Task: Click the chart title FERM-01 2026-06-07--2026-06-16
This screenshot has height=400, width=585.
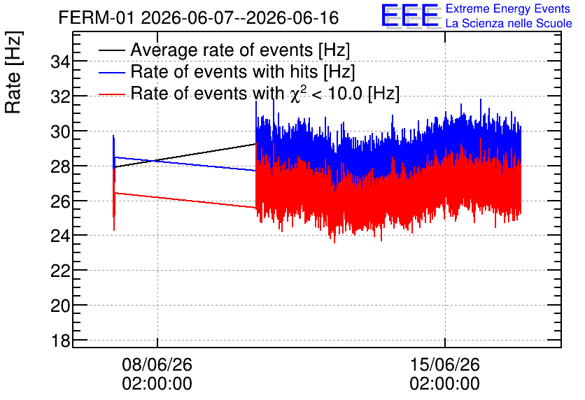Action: pos(199,17)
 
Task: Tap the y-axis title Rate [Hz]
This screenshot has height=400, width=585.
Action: pos(13,72)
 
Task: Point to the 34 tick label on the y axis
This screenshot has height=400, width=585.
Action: pos(60,62)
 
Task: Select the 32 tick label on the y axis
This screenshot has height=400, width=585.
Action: pos(60,97)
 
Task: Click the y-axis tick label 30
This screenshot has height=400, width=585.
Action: pos(60,131)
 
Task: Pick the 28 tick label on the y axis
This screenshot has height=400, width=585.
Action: pos(60,166)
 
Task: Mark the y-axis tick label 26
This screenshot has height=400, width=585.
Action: pos(60,201)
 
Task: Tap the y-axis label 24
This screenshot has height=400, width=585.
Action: pos(60,236)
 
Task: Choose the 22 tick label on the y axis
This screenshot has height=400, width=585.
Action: pos(60,271)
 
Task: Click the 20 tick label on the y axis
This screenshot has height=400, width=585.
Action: pos(60,306)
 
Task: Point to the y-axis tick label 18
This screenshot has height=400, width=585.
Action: pos(60,341)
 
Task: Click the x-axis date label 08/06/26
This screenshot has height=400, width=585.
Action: pos(157,364)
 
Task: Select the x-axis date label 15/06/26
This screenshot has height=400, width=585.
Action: pos(445,364)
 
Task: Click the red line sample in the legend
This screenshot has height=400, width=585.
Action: pos(112,94)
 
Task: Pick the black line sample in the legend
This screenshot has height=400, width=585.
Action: pos(112,50)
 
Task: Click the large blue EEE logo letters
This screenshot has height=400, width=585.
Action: pos(410,15)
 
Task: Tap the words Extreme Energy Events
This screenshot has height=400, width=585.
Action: pos(508,8)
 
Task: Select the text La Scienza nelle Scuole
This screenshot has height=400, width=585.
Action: pos(509,23)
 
